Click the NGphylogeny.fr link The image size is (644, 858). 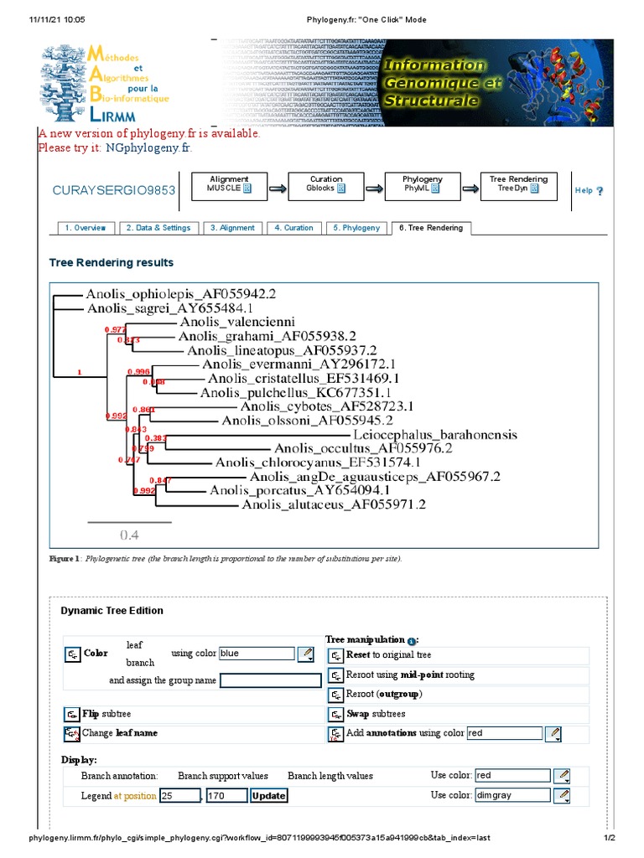click(148, 148)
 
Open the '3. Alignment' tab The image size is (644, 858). click(232, 228)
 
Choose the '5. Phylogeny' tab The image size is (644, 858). click(356, 228)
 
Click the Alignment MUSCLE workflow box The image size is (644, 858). click(229, 184)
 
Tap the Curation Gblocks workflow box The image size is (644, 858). click(326, 184)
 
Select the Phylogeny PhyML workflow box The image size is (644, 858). click(423, 184)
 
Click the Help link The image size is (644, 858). click(588, 191)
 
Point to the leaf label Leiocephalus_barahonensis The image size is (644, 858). click(435, 435)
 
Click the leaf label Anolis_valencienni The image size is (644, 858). click(236, 321)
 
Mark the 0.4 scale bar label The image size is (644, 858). click(129, 535)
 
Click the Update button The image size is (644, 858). click(268, 795)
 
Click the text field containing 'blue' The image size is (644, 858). click(257, 654)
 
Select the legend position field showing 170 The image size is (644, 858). click(226, 795)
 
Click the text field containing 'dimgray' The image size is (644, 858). click(512, 794)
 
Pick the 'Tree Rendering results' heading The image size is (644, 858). click(112, 263)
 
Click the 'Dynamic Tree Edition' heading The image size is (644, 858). click(112, 611)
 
